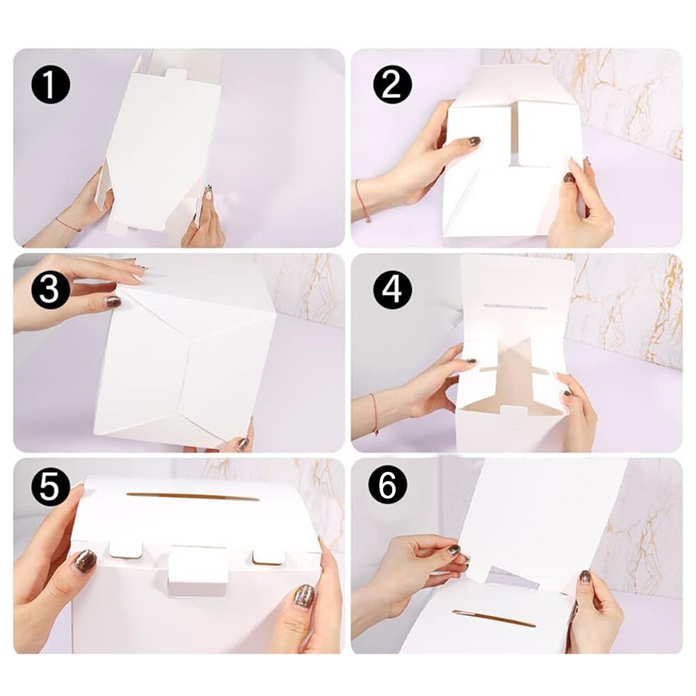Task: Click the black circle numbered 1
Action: [x=50, y=84]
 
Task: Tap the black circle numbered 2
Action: [x=392, y=84]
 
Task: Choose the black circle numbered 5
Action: [x=50, y=487]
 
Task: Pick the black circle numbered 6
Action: [x=387, y=487]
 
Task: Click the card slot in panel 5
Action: [x=193, y=496]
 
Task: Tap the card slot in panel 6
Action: [x=494, y=618]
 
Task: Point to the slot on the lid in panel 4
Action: [x=515, y=307]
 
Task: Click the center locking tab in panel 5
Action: [x=198, y=567]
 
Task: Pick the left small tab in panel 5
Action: [x=126, y=549]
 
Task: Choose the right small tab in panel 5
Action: [x=268, y=557]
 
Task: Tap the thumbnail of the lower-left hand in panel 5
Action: [x=84, y=561]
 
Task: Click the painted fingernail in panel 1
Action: [x=207, y=193]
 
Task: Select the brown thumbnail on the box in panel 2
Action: [x=474, y=141]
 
